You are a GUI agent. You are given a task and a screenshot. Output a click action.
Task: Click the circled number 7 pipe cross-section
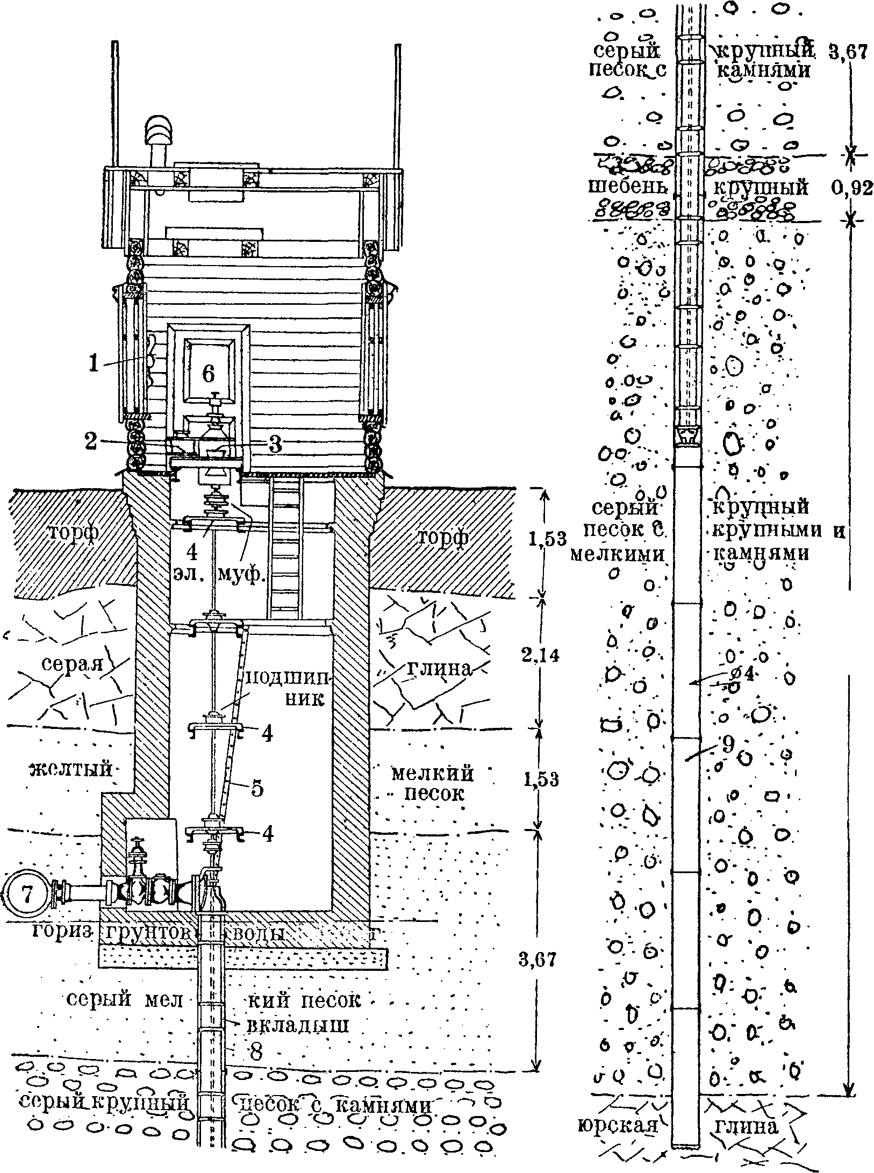[x=28, y=895]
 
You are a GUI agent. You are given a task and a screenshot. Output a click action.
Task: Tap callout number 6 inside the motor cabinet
[x=209, y=373]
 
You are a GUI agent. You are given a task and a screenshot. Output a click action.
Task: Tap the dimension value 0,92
[x=852, y=188]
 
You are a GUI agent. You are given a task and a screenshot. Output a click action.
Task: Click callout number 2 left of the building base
[x=91, y=441]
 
